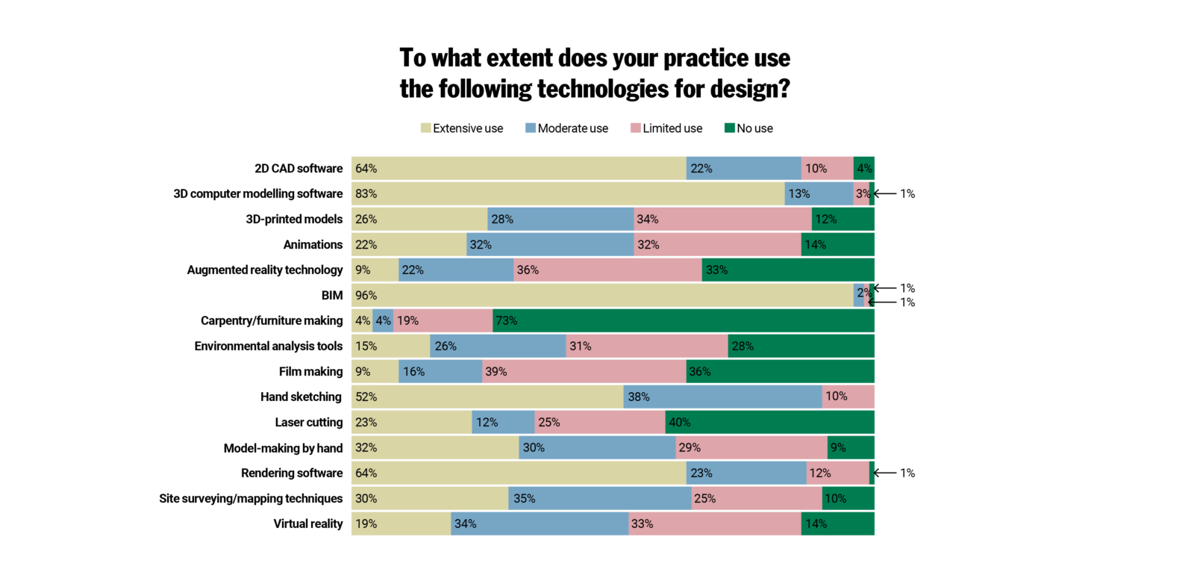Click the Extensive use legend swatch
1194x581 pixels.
[425, 128]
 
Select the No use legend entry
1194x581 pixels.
[748, 128]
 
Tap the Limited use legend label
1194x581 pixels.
[672, 128]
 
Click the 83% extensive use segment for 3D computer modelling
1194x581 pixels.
[567, 193]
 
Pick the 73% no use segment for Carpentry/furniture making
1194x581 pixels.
[683, 320]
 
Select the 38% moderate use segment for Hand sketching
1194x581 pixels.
[722, 397]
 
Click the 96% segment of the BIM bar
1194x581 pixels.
[601, 295]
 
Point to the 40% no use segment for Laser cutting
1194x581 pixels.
[769, 422]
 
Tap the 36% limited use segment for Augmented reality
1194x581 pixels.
[607, 270]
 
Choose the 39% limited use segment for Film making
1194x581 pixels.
[584, 371]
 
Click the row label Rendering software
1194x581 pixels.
[292, 473]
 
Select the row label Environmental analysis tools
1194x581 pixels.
[268, 346]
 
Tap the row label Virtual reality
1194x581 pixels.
[307, 523]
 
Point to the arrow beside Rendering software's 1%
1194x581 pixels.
[884, 473]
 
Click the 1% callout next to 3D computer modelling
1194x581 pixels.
[907, 193]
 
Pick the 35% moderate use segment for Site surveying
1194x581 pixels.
[600, 498]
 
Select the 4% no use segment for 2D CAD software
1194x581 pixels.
[864, 168]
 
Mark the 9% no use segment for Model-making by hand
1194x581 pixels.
[851, 447]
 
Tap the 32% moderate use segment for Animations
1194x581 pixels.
[550, 244]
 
